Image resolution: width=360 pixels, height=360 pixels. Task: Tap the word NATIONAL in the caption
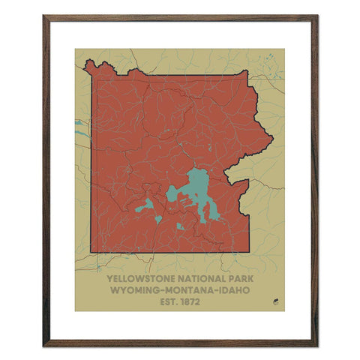pyautogui.click(x=198, y=277)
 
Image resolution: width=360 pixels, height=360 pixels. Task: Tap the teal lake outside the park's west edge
pyautogui.click(x=78, y=124)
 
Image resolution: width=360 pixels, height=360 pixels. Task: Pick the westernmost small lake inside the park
pyautogui.click(x=147, y=204)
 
